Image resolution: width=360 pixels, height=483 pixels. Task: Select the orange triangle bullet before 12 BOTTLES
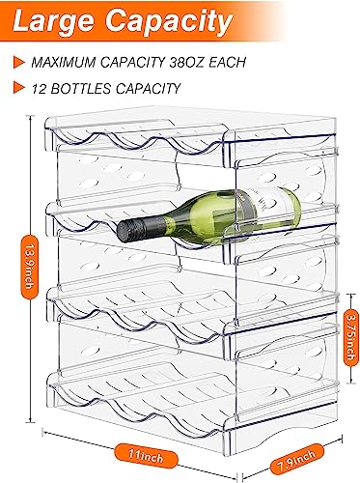pos(18,89)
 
